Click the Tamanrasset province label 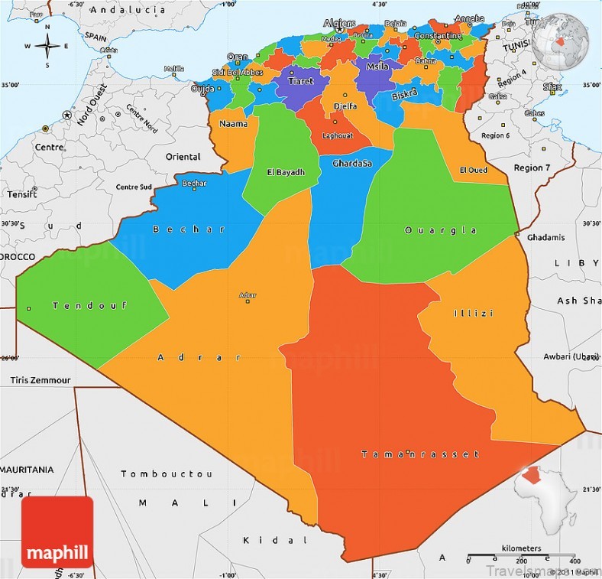pyautogui.click(x=420, y=454)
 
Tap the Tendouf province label pyautogui.click(x=78, y=306)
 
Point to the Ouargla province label pyautogui.click(x=441, y=230)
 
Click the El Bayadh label pyautogui.click(x=286, y=172)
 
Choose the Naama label pyautogui.click(x=232, y=123)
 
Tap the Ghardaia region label pyautogui.click(x=352, y=164)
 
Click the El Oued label pyautogui.click(x=473, y=170)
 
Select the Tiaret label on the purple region pyautogui.click(x=300, y=80)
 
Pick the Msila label pyautogui.click(x=377, y=67)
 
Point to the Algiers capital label pyautogui.click(x=339, y=24)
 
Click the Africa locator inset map pyautogui.click(x=549, y=496)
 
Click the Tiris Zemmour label pyautogui.click(x=40, y=379)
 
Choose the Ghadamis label pyautogui.click(x=545, y=237)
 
